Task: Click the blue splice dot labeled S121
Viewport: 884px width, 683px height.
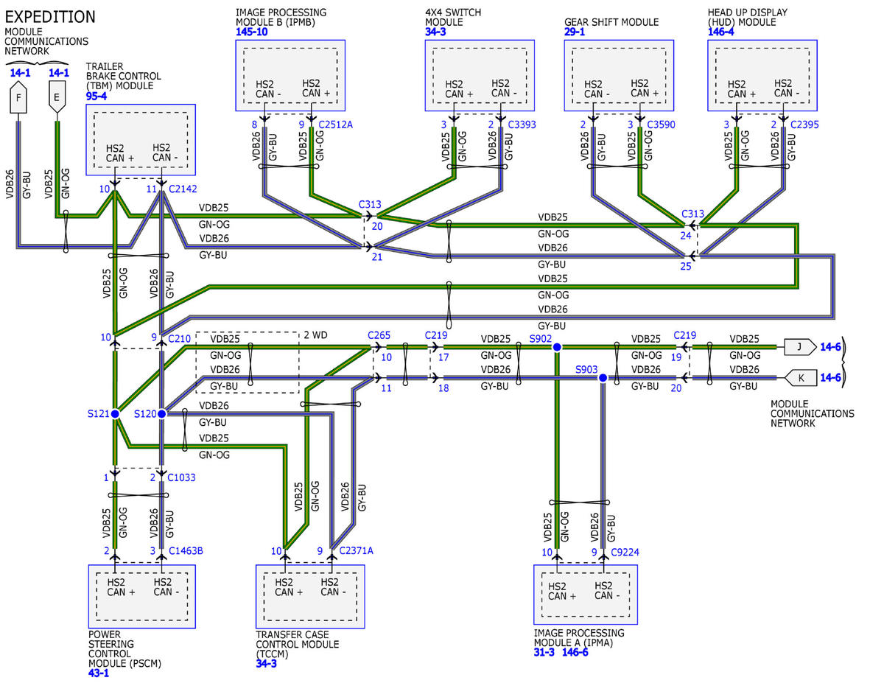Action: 115,414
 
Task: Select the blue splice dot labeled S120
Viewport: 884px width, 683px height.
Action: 161,414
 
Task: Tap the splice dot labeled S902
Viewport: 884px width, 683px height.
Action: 557,347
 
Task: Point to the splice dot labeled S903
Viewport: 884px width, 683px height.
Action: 603,378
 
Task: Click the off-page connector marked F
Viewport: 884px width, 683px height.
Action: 18,97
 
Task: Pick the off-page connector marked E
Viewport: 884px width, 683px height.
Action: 57,97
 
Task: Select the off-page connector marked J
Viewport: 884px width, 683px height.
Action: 800,347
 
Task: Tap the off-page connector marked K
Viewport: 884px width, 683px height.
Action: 800,378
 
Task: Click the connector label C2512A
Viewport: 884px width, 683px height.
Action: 336,125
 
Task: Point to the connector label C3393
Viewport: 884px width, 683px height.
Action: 522,125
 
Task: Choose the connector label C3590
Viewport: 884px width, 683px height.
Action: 661,125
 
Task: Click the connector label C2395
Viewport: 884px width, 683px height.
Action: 804,125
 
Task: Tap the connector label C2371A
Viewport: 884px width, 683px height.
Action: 357,551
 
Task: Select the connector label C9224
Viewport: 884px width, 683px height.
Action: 625,553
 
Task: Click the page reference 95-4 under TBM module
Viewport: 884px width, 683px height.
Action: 97,96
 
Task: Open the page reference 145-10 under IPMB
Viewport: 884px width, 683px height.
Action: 252,32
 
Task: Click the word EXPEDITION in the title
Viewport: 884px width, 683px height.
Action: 50,17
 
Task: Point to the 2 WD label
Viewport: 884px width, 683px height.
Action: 315,335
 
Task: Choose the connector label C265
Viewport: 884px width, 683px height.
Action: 379,335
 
